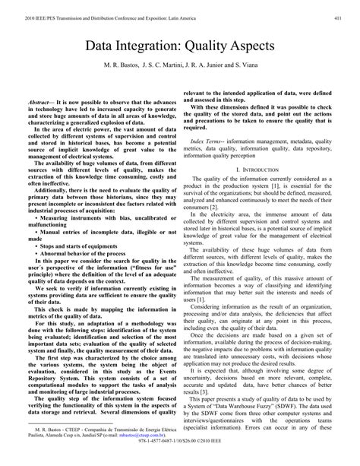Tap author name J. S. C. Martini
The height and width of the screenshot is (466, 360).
click(x=163, y=68)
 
